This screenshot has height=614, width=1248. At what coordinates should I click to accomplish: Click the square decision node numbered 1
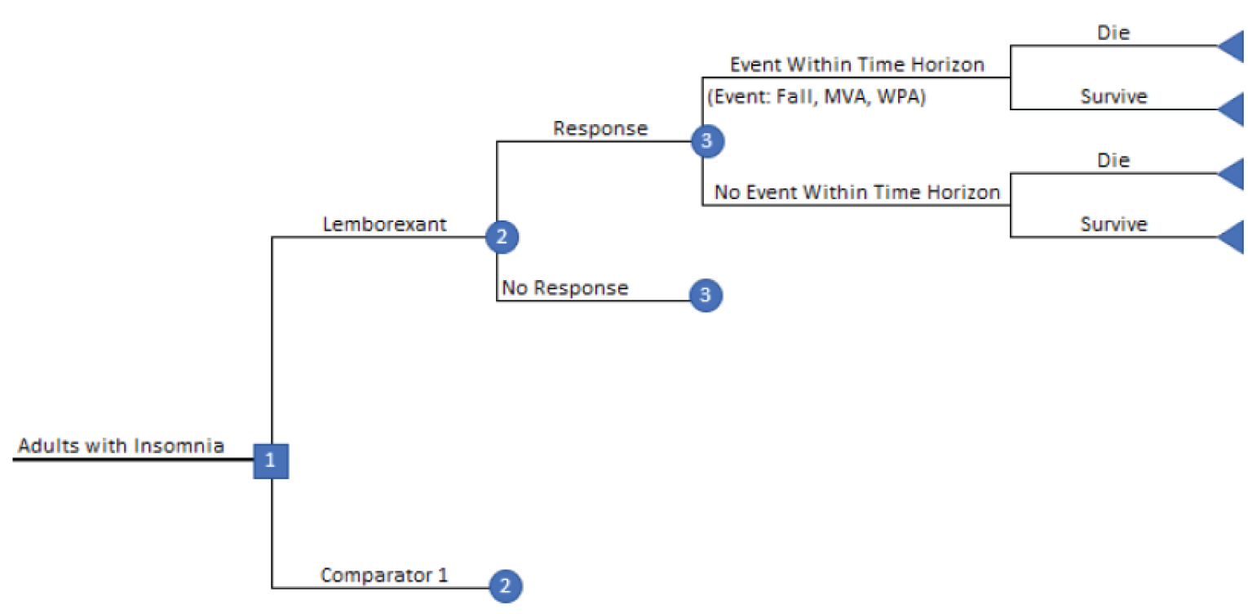pos(271,461)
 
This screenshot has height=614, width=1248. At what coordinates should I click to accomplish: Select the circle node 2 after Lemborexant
pos(502,238)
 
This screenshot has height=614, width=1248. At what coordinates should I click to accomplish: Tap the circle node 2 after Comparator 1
pos(505,585)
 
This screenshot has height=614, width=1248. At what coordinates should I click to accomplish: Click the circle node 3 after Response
pos(706,141)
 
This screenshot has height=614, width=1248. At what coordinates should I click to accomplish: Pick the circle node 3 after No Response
pos(706,296)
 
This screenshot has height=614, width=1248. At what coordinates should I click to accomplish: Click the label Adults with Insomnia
pos(121,446)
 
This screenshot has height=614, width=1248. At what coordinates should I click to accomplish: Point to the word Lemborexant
pos(384,225)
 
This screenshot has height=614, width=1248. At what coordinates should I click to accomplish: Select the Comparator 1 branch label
pos(384,575)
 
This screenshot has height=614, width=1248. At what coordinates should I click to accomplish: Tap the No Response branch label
pos(564,288)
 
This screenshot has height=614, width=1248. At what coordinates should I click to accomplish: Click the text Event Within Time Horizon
pos(856,65)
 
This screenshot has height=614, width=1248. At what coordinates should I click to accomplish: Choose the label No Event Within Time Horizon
pos(856,193)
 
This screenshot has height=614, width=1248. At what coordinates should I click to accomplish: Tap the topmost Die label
pos(1113,33)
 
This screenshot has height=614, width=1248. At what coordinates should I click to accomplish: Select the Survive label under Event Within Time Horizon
pos(1113,96)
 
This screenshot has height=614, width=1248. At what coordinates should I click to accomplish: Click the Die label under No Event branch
pos(1113,161)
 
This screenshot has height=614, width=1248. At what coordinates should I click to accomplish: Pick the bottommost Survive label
pos(1113,225)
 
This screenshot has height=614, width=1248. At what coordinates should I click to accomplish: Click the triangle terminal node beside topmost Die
pos(1233,46)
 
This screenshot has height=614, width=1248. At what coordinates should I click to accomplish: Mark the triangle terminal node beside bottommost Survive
pos(1233,238)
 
